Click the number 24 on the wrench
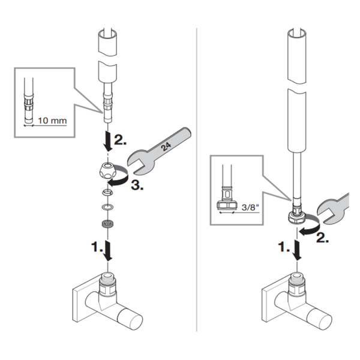tap(166, 147)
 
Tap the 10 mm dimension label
tap(52, 121)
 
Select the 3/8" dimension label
tap(250, 208)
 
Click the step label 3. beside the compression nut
tap(137, 185)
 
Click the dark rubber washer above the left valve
tap(107, 224)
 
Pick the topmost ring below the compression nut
tap(107, 192)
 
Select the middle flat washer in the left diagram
tap(107, 208)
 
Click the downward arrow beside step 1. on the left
tap(108, 250)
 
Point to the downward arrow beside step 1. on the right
tap(298, 250)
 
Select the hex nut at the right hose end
tap(296, 217)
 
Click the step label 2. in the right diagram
tap(323, 238)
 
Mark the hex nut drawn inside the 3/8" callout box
tap(227, 205)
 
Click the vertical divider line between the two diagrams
tap(197, 179)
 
